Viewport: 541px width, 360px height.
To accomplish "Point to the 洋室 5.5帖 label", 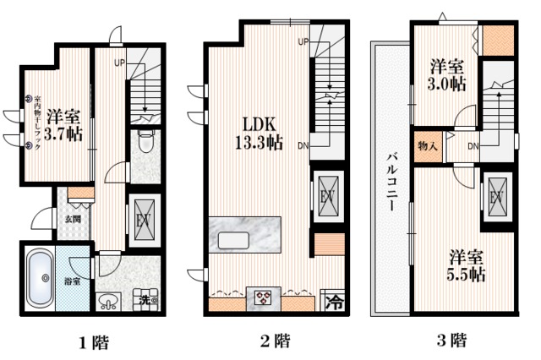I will pyautogui.click(x=466, y=265).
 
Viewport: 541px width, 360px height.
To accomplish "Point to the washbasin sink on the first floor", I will pyautogui.click(x=109, y=301).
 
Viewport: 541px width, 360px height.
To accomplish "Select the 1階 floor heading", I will pyautogui.click(x=93, y=342).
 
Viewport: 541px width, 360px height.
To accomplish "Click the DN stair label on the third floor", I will pyautogui.click(x=474, y=146).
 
